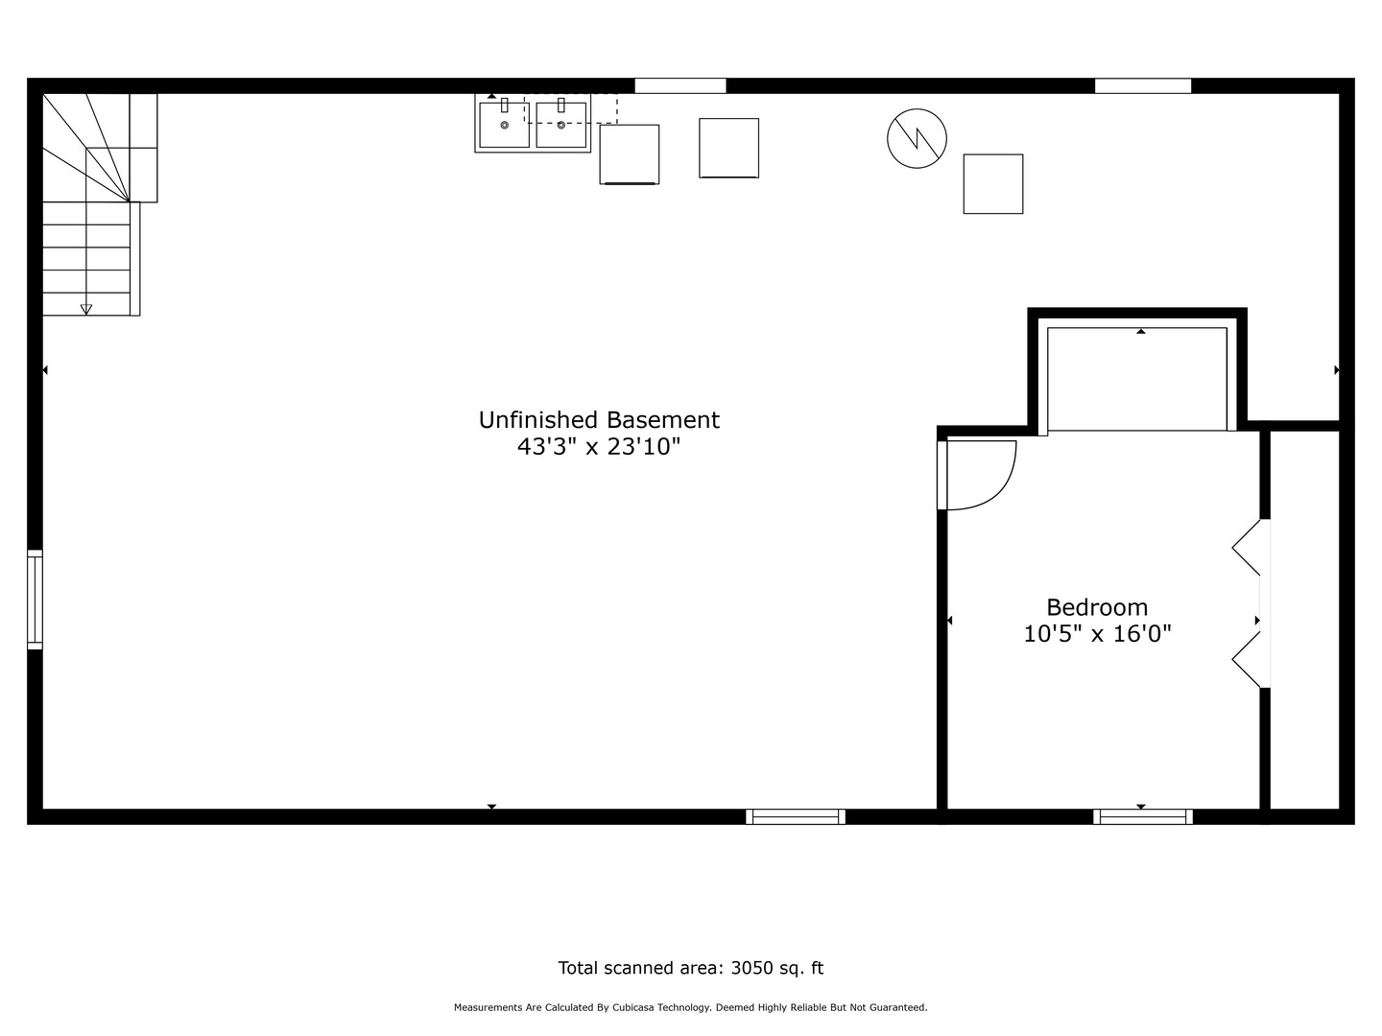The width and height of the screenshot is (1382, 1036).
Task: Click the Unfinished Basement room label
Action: [599, 420]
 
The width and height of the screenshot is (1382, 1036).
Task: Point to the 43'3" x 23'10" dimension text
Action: [599, 447]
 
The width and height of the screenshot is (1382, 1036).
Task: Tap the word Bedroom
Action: [1097, 607]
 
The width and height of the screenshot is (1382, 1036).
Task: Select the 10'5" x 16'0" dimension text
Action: [1097, 634]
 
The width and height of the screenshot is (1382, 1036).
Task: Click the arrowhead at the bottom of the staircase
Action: [86, 309]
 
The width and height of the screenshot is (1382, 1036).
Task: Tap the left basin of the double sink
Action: [504, 125]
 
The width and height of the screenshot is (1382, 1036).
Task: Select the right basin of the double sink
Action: [561, 125]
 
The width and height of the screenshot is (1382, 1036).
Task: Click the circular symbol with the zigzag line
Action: [917, 138]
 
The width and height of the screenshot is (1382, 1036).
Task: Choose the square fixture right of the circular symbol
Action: [992, 183]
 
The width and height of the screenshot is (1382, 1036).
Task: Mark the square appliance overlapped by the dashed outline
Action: [630, 154]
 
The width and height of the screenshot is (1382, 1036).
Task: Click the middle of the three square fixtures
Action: [728, 148]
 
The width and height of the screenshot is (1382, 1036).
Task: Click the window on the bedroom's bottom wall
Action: [1142, 817]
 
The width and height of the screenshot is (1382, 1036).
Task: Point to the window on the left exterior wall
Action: [35, 600]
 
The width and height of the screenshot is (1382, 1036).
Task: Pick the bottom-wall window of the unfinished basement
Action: [796, 817]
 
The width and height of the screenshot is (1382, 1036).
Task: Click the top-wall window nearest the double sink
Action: [679, 86]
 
